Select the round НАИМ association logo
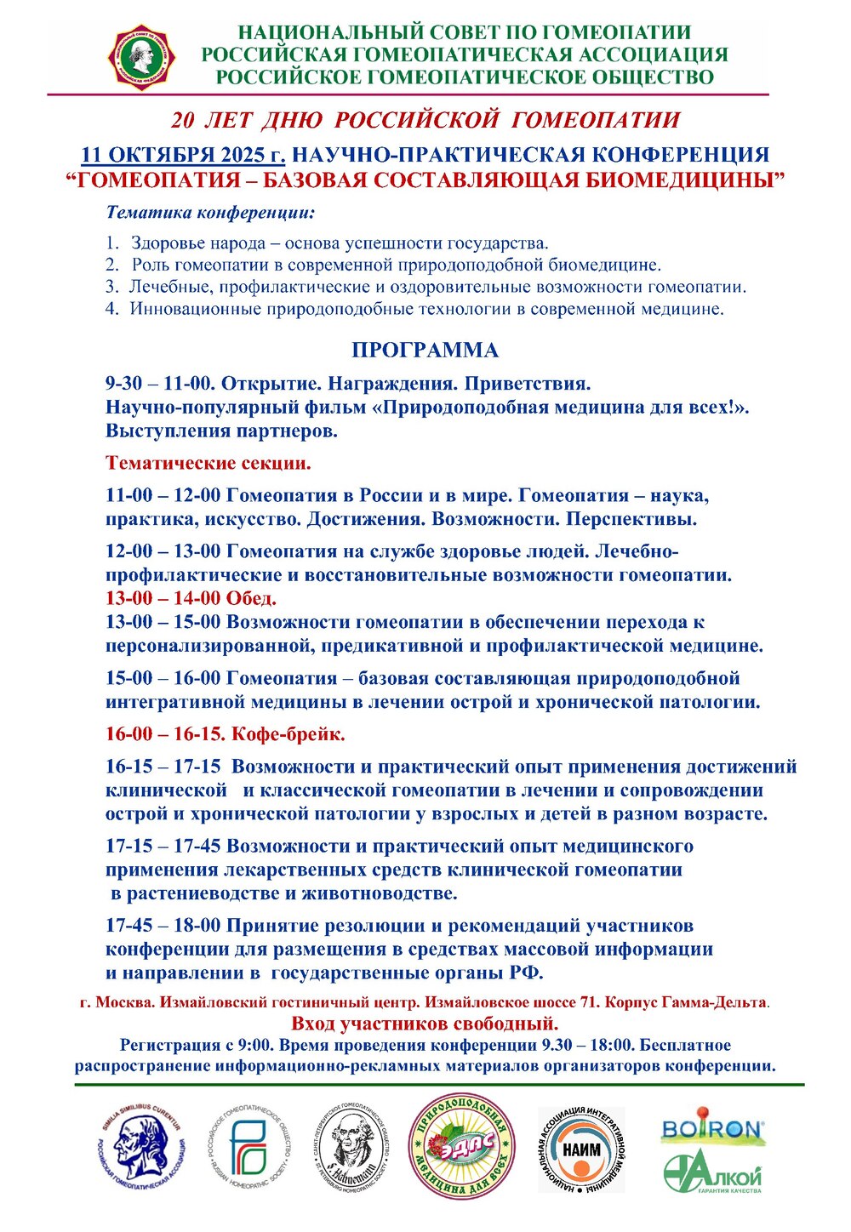(x=581, y=1149)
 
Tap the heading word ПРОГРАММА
(x=425, y=351)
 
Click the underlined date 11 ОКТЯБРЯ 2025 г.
(x=184, y=156)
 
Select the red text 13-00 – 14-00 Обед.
(x=191, y=598)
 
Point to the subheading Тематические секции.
(x=208, y=464)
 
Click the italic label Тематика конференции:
(x=210, y=212)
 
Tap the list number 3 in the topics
(x=111, y=287)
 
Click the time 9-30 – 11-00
(x=159, y=384)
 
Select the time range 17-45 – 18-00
(x=163, y=926)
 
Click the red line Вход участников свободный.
(x=425, y=1023)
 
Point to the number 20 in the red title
(x=183, y=120)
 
